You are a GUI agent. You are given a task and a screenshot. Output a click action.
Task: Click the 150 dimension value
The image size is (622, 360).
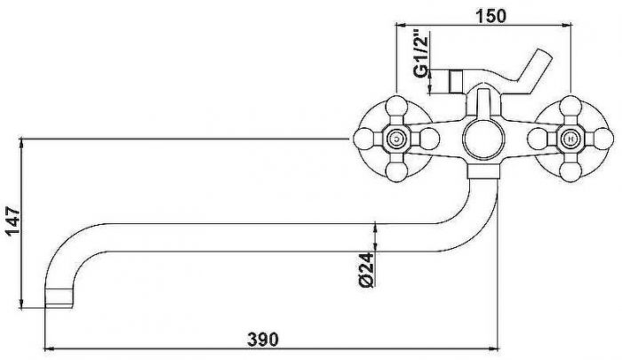point(490,16)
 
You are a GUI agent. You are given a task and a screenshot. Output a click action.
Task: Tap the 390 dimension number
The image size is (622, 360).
point(263,340)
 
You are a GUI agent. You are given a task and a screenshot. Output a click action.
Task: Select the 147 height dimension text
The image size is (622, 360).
point(12,220)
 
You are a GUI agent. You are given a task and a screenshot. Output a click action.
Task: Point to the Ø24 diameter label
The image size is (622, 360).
point(366,270)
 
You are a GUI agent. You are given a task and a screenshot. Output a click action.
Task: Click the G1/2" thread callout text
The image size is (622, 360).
point(421,53)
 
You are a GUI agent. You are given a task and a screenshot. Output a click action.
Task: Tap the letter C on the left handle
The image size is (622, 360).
point(396,139)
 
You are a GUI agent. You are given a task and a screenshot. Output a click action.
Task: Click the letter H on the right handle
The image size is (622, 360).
point(570,139)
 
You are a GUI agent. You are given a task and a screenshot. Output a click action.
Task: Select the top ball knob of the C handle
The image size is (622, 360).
point(396,106)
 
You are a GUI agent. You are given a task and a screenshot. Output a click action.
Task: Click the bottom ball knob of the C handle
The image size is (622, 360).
point(396,172)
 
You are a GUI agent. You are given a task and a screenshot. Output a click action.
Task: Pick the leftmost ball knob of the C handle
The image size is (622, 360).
point(363,139)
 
